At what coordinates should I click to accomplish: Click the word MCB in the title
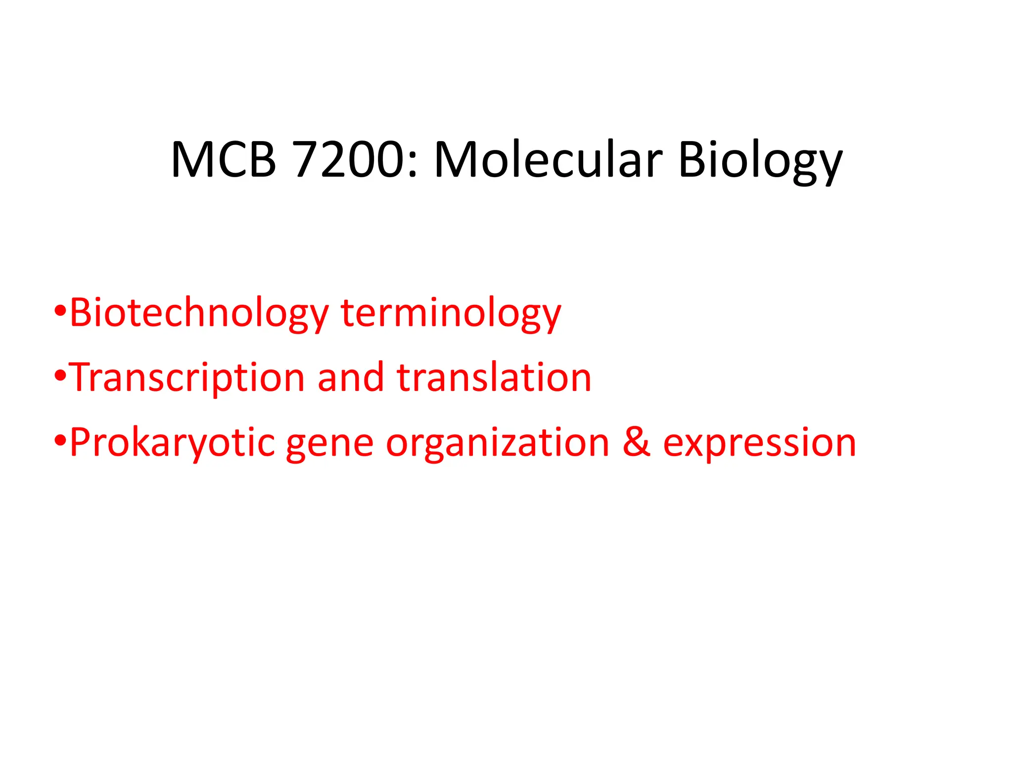(223, 160)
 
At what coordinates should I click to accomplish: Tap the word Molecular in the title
(548, 160)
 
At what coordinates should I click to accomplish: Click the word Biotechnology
(199, 314)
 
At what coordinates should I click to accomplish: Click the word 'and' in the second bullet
(351, 378)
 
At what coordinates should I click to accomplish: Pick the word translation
(494, 378)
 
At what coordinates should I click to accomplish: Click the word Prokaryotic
(172, 443)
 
